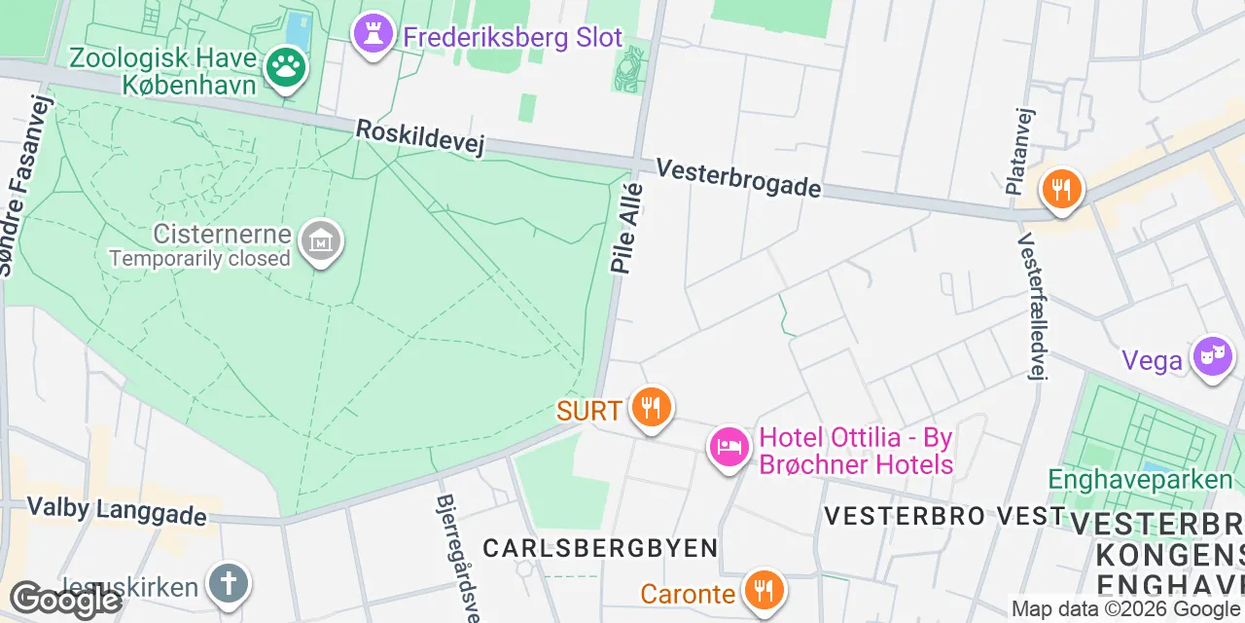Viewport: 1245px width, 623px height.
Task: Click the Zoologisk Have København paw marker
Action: tap(287, 67)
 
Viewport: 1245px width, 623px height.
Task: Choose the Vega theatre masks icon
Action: tap(1212, 356)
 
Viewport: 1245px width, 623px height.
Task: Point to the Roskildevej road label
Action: tap(419, 136)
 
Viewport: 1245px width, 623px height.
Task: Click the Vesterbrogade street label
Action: tap(738, 178)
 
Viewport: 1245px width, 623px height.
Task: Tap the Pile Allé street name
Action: tap(626, 228)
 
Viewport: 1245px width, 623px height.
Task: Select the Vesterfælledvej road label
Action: tap(1030, 306)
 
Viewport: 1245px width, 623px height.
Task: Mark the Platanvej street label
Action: tap(1017, 151)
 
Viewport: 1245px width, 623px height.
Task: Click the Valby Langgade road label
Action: tap(117, 510)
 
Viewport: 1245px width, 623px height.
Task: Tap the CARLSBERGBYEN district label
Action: tap(600, 548)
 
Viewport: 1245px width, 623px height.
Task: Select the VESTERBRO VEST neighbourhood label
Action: tap(944, 516)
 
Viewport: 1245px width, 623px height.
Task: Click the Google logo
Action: tap(65, 601)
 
